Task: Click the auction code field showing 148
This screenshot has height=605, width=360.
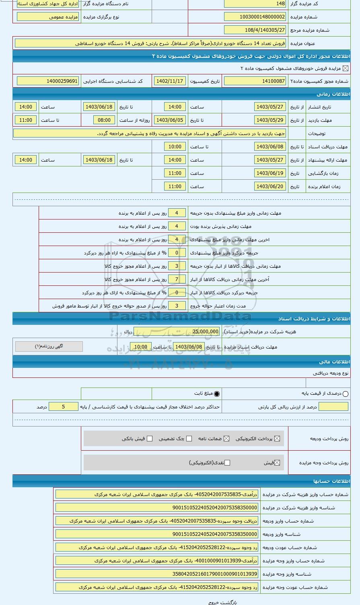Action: coord(255,4)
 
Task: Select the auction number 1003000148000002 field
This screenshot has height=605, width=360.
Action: coord(255,17)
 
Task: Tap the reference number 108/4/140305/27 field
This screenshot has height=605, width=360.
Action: coord(255,30)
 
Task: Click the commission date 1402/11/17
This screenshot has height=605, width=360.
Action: coord(169,81)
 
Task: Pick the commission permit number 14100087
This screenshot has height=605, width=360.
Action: coord(255,81)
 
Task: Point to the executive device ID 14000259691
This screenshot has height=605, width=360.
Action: coord(48,81)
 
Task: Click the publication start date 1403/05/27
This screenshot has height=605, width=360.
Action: coord(270,107)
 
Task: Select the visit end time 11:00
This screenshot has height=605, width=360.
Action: coord(26,120)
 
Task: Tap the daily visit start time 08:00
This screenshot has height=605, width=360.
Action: coord(104,120)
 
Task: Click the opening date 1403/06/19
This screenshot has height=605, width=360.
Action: coord(270,173)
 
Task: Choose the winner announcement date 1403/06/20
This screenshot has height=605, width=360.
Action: coord(270,187)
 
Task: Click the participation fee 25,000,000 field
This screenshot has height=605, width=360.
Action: coord(200,332)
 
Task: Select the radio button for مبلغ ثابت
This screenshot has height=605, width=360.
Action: coord(217,394)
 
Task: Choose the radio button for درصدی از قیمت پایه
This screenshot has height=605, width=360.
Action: coord(346,394)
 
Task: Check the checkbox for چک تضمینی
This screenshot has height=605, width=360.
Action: coord(189,439)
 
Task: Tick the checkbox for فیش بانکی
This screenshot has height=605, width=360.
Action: coord(150,439)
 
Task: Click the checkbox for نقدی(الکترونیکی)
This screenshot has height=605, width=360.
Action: coord(227,463)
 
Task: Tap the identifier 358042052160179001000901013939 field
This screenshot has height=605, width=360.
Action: coord(157,574)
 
